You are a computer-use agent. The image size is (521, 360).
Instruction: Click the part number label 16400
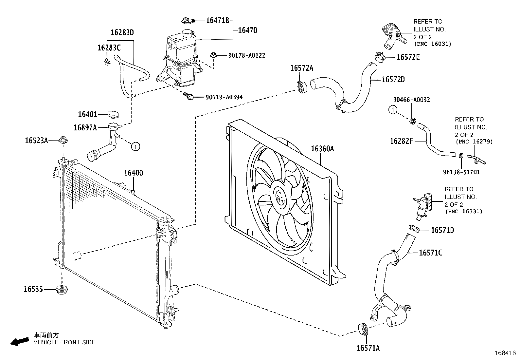(134, 173)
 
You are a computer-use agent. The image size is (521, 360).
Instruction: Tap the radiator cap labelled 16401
(113, 114)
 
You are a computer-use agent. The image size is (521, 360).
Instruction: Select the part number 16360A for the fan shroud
(322, 149)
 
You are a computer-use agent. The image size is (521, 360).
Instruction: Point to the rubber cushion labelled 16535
(62, 289)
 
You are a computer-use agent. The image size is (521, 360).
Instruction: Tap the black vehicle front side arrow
(20, 341)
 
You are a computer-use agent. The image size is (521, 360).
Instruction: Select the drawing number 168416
(505, 353)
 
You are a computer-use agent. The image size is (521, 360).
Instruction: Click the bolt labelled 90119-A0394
(189, 96)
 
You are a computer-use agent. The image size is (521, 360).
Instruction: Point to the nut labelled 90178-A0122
(213, 55)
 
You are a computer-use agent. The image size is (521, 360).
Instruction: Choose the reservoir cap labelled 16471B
(188, 21)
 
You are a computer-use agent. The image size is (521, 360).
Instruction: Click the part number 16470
(248, 30)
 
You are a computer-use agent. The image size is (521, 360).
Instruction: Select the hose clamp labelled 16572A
(302, 87)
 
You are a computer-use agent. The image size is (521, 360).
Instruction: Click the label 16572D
(393, 80)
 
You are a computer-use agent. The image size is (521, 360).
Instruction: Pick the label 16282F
(402, 141)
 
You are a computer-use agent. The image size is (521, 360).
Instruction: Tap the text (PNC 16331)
(463, 211)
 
